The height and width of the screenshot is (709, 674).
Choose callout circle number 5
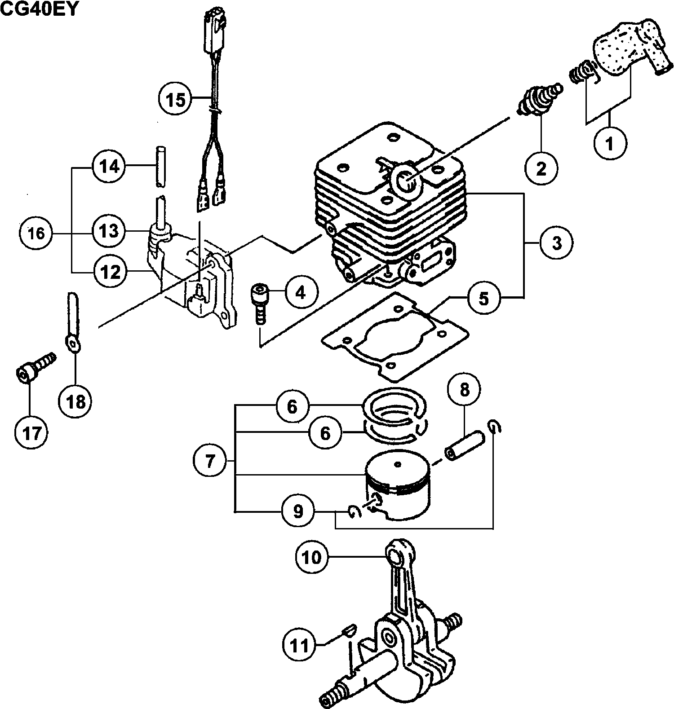tap(483, 298)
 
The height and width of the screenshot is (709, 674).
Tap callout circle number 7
tap(210, 462)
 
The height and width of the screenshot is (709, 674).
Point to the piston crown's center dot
tap(396, 464)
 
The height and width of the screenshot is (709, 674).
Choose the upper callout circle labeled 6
tap(293, 406)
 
